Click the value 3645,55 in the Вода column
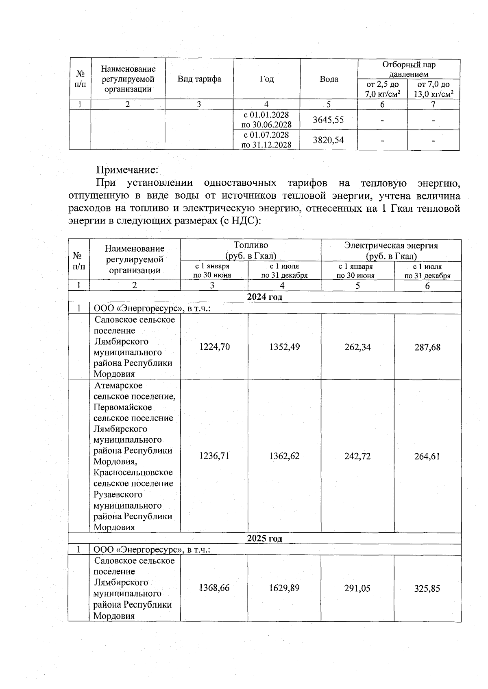coord(328,120)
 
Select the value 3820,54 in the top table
coord(328,140)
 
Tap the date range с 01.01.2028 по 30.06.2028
coord(266,119)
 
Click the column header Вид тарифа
coord(199,79)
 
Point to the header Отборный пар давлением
coord(409,69)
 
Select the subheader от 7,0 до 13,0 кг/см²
coord(434,89)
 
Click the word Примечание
coord(126,169)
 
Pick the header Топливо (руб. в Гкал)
coord(251,250)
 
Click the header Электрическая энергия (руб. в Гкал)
coord(391,250)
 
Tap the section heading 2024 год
coord(265,297)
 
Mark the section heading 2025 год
coord(265,538)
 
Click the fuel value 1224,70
coord(214,347)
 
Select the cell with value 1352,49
coord(284,347)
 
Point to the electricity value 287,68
coord(427,347)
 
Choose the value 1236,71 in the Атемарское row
coord(214,456)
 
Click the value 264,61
coord(427,456)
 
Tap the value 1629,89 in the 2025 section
coord(284,588)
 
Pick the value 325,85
coord(427,588)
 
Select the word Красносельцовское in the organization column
coord(133,472)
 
